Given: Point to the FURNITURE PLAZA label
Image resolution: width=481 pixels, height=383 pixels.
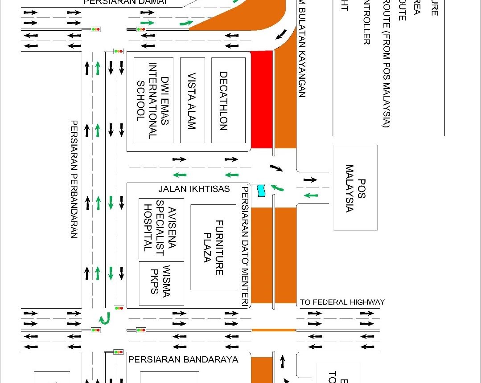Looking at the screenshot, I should pyautogui.click(x=213, y=247).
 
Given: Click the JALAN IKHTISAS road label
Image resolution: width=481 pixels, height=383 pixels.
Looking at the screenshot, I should pyautogui.click(x=194, y=189).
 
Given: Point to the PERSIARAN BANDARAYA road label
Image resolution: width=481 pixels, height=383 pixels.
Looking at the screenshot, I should pyautogui.click(x=183, y=359).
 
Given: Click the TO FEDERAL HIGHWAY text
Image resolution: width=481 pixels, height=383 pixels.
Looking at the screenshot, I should pyautogui.click(x=342, y=302).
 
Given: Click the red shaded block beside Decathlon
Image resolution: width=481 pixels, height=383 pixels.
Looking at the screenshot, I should pyautogui.click(x=262, y=99).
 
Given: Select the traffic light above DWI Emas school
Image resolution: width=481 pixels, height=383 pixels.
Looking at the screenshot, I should pyautogui.click(x=118, y=51).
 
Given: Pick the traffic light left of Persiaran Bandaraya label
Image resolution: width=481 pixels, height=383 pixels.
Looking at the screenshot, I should pyautogui.click(x=118, y=352).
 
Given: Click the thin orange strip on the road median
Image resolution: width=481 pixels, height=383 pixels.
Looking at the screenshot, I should pyautogui.click(x=274, y=330).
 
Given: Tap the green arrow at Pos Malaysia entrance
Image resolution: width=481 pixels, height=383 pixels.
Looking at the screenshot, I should pyautogui.click(x=311, y=195).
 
